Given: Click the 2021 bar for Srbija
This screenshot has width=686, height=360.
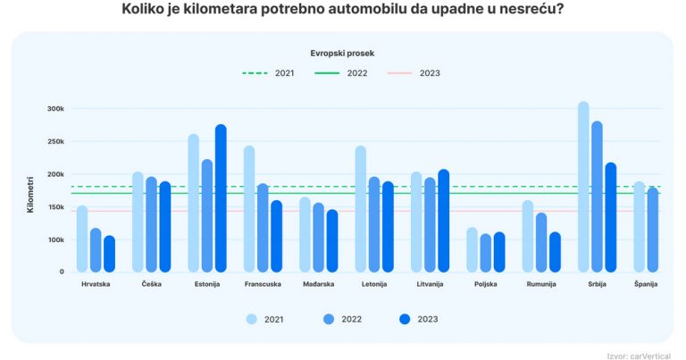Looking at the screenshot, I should (x=583, y=187).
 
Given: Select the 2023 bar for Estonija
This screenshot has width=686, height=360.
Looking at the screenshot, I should (x=221, y=198).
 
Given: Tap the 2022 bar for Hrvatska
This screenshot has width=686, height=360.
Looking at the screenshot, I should (x=96, y=250).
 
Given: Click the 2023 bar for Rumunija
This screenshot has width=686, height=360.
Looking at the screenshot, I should (x=555, y=252).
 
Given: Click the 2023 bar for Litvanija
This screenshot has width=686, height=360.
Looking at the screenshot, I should (x=444, y=221).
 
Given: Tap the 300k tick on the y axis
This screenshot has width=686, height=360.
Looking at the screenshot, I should (x=56, y=109).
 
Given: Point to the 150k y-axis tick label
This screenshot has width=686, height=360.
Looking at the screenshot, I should (x=56, y=207).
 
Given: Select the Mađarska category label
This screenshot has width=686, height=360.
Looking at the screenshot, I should (x=319, y=284).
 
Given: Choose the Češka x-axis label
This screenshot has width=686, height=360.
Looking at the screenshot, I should (x=151, y=284).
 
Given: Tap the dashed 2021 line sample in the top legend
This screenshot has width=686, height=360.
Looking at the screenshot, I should (x=255, y=72).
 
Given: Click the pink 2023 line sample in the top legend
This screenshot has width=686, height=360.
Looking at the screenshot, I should (x=400, y=72).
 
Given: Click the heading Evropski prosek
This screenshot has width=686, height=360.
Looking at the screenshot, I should (x=343, y=53).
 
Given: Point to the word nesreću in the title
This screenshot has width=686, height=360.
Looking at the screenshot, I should (x=533, y=11).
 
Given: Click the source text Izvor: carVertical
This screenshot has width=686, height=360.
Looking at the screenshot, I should (x=641, y=353).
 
